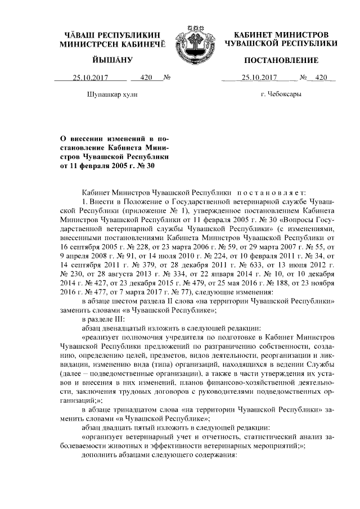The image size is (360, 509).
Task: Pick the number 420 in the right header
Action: click(x=321, y=78)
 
